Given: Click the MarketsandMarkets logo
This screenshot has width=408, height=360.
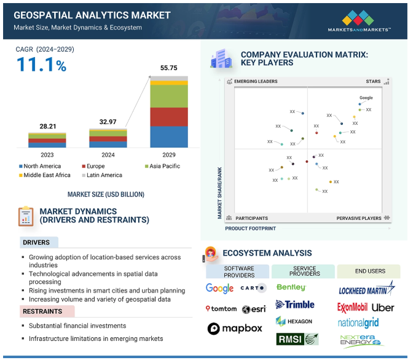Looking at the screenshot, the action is point(359,21).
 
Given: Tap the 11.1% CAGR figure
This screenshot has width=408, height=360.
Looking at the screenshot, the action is point(41,65).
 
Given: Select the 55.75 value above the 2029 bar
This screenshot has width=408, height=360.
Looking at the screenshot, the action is point(168,68).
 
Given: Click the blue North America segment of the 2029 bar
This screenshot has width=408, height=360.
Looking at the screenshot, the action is point(169,137).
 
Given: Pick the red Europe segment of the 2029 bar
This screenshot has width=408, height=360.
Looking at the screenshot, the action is point(169,117).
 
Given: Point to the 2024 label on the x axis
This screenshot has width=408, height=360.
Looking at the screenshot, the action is point(108,155).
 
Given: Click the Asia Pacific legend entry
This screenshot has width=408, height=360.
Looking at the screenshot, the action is point(162,166).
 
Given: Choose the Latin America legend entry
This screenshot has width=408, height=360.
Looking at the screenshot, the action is point(102,175).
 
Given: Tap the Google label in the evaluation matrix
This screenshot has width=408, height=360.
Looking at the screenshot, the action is point(366,98).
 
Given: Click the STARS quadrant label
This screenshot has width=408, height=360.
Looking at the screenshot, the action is point(373,82).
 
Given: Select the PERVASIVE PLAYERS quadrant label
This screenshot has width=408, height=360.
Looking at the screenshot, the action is point(359,218).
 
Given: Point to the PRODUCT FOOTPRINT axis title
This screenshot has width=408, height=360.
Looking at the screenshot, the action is point(250,229).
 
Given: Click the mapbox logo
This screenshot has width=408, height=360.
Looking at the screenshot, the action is point(235,329).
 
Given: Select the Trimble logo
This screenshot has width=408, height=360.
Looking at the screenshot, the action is point(295,305).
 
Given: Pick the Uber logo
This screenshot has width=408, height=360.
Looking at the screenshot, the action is point(383,308).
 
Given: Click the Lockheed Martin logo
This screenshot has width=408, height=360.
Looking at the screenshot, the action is point(367,289).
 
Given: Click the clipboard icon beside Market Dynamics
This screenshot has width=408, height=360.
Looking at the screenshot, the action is point(26,216).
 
